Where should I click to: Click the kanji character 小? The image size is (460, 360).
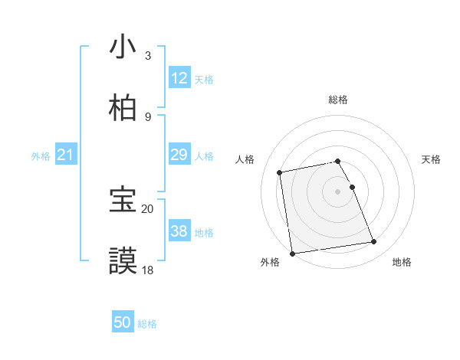(x=123, y=47)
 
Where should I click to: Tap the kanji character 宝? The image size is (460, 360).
(x=123, y=200)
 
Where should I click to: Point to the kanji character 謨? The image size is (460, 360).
(x=123, y=261)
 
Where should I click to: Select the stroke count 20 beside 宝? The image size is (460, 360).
(x=147, y=208)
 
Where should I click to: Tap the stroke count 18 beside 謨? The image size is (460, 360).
(x=147, y=270)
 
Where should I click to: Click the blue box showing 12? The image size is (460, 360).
(x=179, y=78)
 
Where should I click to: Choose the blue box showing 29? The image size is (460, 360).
(x=179, y=155)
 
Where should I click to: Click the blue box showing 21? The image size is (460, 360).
(x=66, y=155)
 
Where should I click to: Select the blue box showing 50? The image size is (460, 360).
(x=123, y=323)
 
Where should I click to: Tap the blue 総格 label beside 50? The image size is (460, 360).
(x=147, y=324)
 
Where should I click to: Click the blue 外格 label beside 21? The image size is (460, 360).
(x=41, y=156)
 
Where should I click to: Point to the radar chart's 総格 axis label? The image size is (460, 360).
(x=338, y=100)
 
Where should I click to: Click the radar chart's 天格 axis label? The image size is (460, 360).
(x=431, y=159)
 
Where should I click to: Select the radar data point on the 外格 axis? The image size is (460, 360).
(x=292, y=254)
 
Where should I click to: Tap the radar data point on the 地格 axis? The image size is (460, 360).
(x=374, y=242)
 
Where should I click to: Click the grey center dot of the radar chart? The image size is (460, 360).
(x=338, y=191)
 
